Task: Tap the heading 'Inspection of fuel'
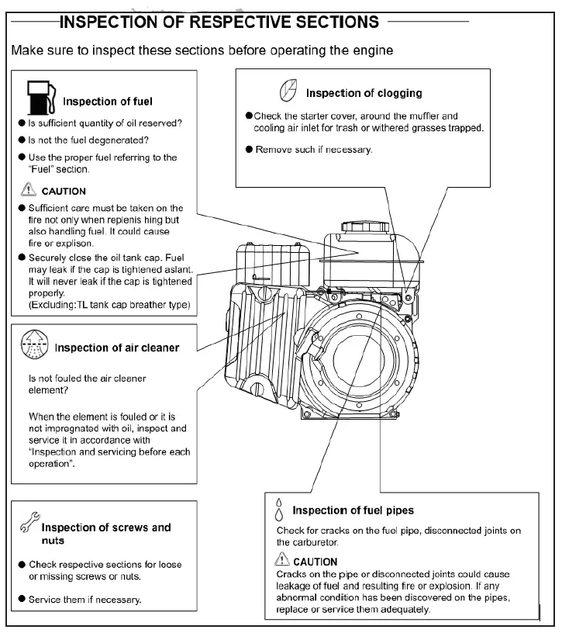click(x=108, y=101)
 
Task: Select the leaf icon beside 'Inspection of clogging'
click(x=286, y=92)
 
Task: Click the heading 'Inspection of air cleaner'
click(x=116, y=348)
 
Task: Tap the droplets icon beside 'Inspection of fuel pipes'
click(x=279, y=509)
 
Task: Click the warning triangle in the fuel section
click(x=29, y=190)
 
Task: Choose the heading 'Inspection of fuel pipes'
click(x=353, y=510)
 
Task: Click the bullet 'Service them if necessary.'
click(x=84, y=600)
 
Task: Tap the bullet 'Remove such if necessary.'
click(x=314, y=149)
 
